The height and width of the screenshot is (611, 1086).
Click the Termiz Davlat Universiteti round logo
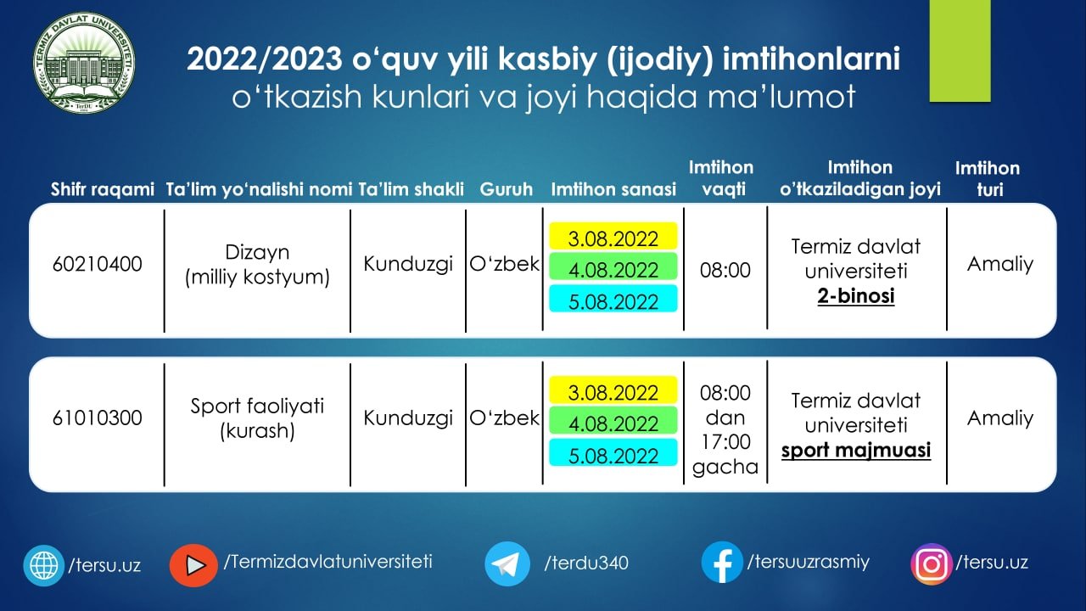point(84,63)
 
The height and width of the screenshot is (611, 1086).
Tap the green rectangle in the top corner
point(960,51)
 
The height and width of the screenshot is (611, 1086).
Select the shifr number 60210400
point(97,264)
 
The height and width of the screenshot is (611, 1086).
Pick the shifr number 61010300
point(97,418)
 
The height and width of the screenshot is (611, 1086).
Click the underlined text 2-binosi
point(856,296)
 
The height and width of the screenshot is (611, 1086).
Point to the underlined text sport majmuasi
point(856,451)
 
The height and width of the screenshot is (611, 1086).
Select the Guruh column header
point(507,189)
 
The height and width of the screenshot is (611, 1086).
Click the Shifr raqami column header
point(103,189)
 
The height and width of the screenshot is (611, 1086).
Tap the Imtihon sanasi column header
point(613,189)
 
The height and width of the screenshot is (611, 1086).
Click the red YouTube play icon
point(193,565)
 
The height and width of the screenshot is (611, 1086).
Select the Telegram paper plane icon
point(507,563)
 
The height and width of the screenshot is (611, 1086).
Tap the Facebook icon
point(722,563)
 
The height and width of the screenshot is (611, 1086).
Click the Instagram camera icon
point(932,564)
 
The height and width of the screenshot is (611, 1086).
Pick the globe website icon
point(43,565)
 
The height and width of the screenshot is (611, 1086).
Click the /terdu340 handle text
point(586,563)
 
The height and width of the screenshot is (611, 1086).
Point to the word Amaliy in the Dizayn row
point(1000,265)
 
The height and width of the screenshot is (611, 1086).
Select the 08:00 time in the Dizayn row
point(725,270)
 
